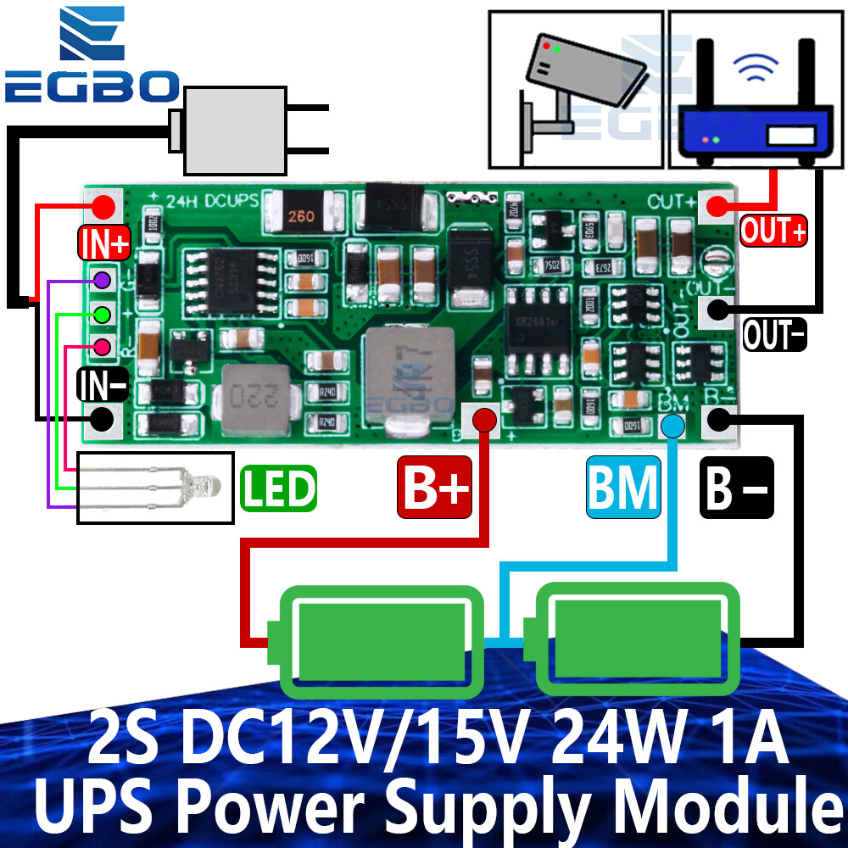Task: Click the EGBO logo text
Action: [x=91, y=86]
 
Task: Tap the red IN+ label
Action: [x=104, y=243]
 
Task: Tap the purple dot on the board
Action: [x=102, y=279]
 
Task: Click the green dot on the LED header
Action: [x=102, y=314]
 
